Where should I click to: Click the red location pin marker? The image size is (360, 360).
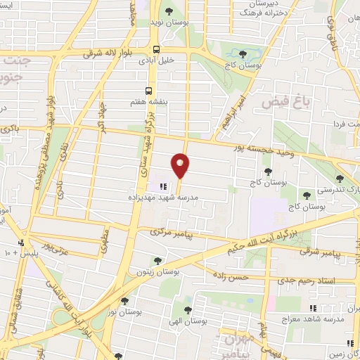click(x=181, y=165)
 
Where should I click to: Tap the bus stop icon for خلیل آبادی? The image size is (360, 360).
click(x=156, y=49)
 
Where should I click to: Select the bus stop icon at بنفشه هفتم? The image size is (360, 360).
click(x=148, y=91)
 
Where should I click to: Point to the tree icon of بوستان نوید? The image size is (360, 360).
click(x=169, y=11)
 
